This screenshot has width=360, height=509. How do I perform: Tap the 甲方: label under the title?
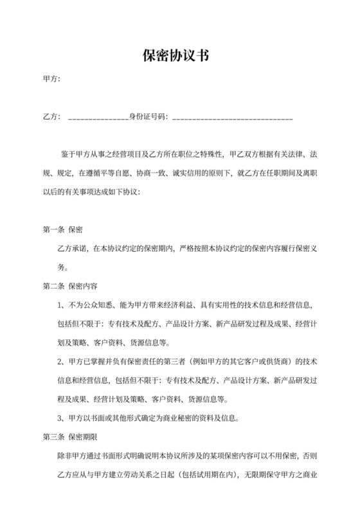click(x=51, y=80)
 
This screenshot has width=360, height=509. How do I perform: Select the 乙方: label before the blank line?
click(x=51, y=117)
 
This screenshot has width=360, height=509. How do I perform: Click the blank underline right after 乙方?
click(x=98, y=119)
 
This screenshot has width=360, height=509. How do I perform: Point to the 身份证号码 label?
click(x=147, y=117)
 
